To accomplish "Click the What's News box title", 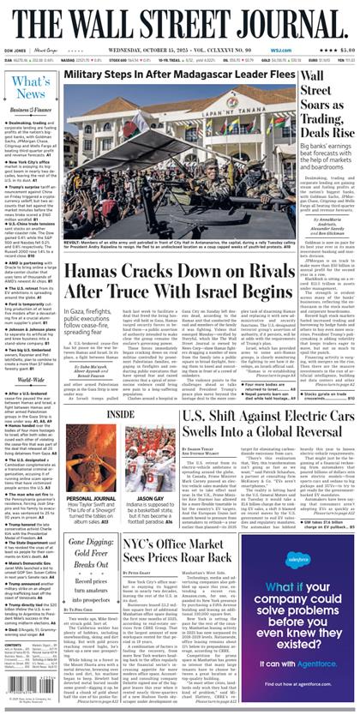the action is coord(31,87).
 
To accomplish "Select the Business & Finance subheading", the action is coord(31,111).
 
